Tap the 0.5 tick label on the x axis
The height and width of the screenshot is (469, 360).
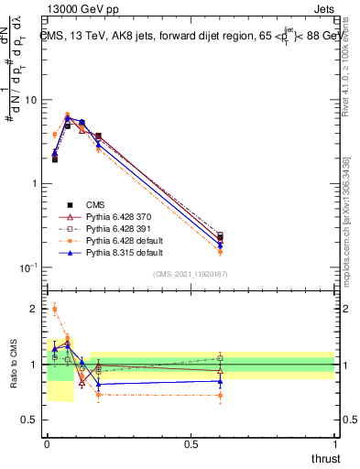pyautogui.click(x=191, y=444)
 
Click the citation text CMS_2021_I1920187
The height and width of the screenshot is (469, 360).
pyautogui.click(x=191, y=274)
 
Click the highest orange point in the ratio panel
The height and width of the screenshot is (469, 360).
pyautogui.click(x=54, y=310)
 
